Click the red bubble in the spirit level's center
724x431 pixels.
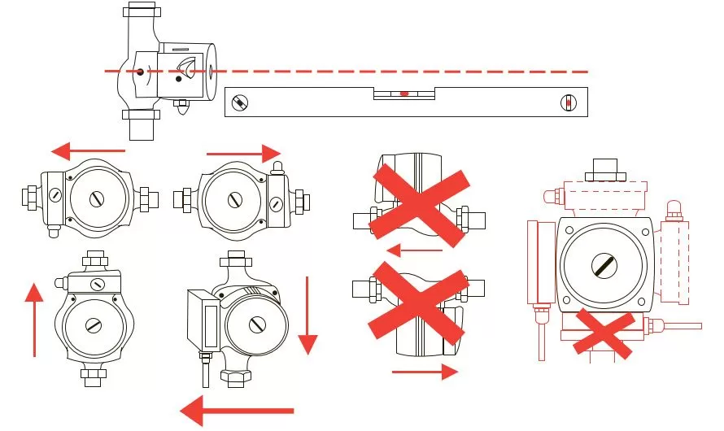point(404,94)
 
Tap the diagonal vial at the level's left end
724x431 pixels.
point(240,102)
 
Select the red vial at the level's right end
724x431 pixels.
point(569,103)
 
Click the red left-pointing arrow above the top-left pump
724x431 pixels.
point(88,150)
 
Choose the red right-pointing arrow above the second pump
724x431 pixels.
point(244,152)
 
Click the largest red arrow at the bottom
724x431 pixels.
point(236,409)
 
